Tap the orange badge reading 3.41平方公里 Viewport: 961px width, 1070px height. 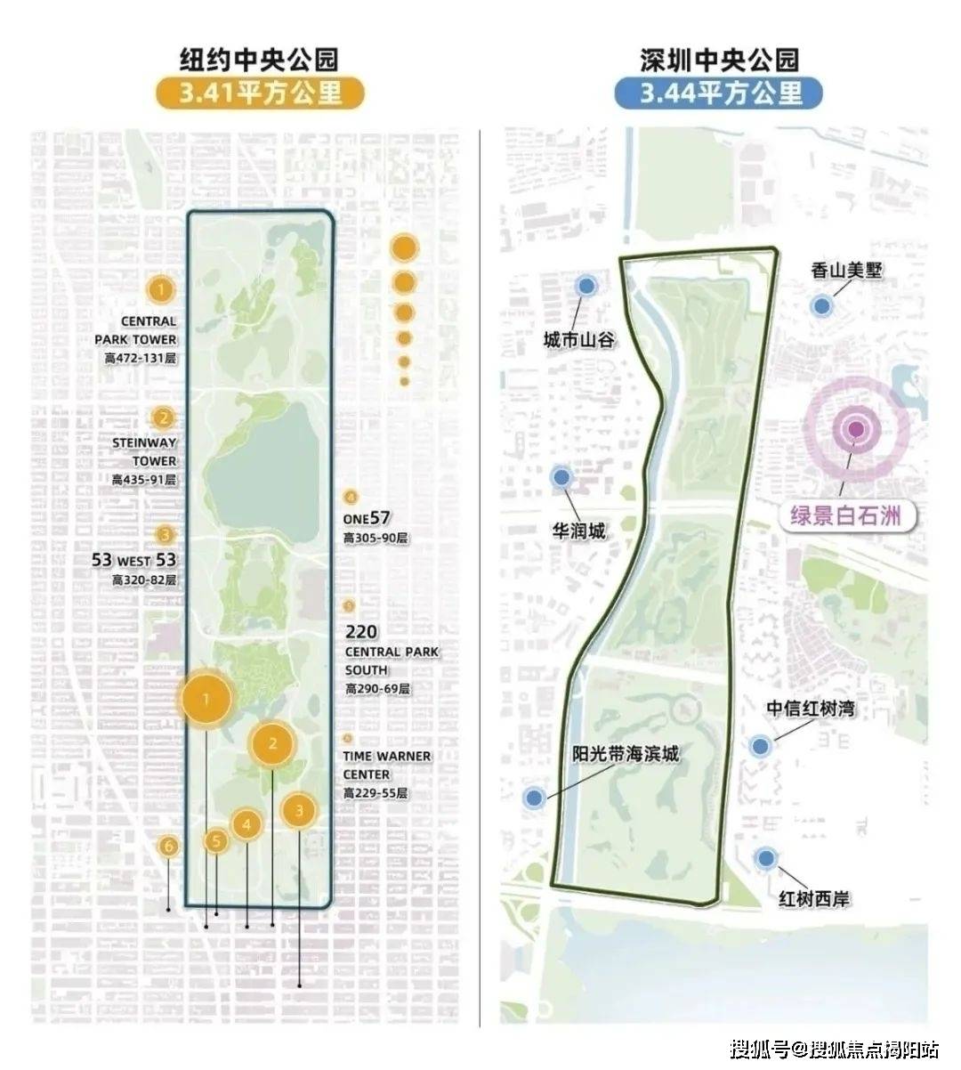(261, 93)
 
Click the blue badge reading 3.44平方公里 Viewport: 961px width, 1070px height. (718, 93)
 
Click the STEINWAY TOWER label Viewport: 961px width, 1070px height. (144, 451)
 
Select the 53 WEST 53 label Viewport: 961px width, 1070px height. (134, 561)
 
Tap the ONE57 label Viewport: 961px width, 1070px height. (367, 519)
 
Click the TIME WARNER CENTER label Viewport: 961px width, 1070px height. (387, 765)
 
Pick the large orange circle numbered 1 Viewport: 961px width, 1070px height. (206, 700)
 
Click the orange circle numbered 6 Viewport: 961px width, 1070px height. (169, 847)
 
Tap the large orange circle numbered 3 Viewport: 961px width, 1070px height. (300, 811)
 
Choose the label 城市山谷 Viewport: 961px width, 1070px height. (579, 341)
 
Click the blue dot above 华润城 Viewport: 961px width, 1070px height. (561, 477)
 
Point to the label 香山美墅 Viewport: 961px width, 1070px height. (846, 271)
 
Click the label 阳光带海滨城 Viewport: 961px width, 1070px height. (625, 754)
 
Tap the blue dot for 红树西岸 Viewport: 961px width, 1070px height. (766, 858)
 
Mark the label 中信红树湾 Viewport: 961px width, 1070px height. (811, 709)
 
